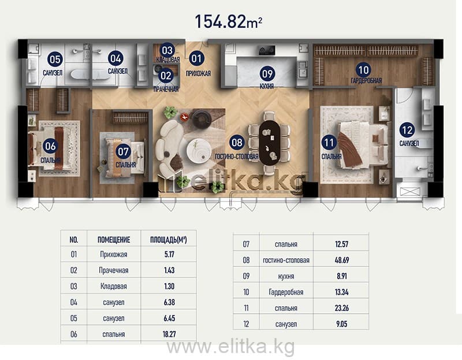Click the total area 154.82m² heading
tap(228, 21)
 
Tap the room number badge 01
tap(196, 58)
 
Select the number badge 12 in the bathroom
tap(407, 130)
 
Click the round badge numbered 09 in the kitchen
tap(267, 74)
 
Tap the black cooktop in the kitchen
tap(267, 50)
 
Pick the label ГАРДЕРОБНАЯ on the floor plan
tap(366, 80)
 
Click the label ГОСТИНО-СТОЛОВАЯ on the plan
tap(237, 157)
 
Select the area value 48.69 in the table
tap(342, 260)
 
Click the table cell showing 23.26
tap(342, 308)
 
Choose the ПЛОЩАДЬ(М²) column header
tap(169, 240)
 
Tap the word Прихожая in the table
tap(114, 254)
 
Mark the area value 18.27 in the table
tap(169, 334)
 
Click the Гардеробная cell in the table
tap(286, 292)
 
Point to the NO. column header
tap(74, 240)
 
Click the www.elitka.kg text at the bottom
tap(230, 347)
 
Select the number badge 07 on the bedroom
tap(123, 151)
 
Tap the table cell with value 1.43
tap(169, 270)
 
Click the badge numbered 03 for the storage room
tap(167, 51)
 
